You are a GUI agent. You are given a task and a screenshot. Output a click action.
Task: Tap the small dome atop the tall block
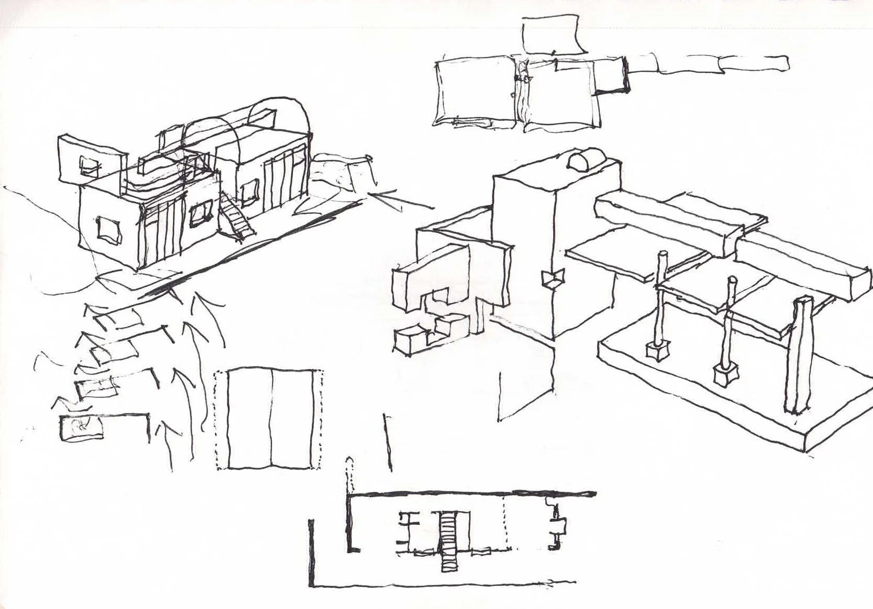[581, 160]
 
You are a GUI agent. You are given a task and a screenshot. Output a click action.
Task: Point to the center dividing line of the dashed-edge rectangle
[272, 418]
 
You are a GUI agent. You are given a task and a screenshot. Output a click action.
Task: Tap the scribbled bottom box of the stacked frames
[81, 428]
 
